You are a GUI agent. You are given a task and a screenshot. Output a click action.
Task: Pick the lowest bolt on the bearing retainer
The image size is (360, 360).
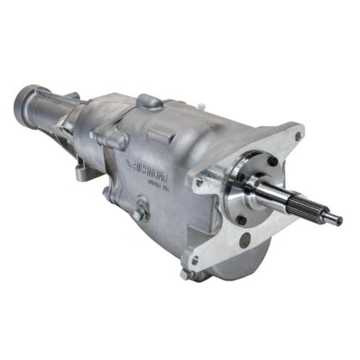[244, 219]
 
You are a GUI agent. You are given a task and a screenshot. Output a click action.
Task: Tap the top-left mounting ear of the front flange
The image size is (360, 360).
[202, 179]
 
